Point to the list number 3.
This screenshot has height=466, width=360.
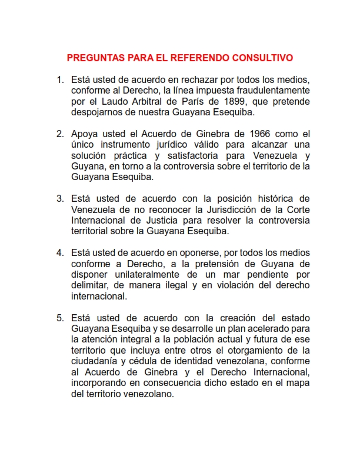click(59, 198)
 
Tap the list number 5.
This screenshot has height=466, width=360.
click(59, 318)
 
